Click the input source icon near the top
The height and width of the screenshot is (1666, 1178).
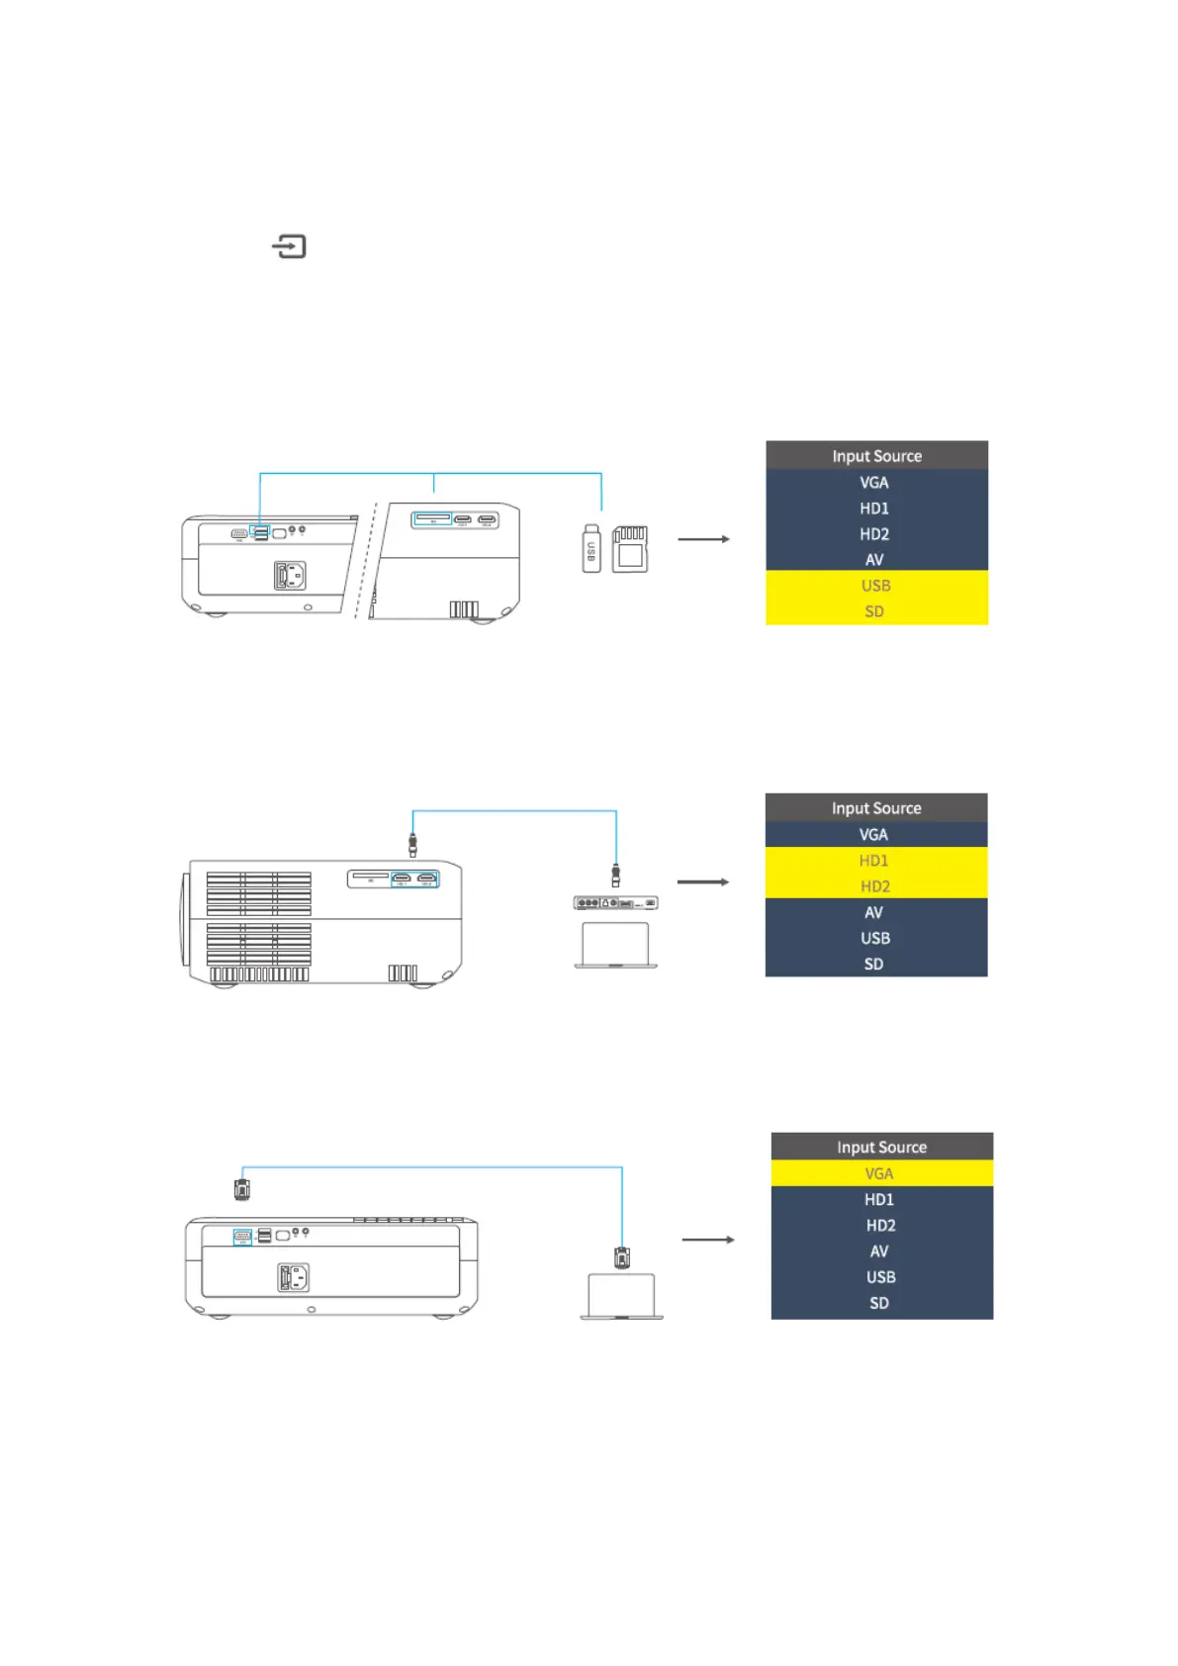289,246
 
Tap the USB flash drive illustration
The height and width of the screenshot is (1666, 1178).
591,549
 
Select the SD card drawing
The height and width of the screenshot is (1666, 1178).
630,549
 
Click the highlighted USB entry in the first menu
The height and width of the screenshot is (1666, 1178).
875,586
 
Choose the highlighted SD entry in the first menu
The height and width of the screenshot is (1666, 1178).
875,611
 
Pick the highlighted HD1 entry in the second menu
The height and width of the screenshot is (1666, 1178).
874,861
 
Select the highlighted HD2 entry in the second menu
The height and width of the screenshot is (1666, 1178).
874,886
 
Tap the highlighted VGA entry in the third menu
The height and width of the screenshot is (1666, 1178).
879,1173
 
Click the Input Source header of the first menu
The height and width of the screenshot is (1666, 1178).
876,456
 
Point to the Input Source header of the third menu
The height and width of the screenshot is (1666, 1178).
881,1147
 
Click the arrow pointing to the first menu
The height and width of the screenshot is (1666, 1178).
703,539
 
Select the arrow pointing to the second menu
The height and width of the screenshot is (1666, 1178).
703,881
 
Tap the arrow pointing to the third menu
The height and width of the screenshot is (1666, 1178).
708,1240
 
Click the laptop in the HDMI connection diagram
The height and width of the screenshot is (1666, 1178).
615,946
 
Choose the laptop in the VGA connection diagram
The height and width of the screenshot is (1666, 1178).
621,1297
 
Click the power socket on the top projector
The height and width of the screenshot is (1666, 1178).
290,575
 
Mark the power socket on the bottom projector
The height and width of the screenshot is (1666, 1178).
293,1277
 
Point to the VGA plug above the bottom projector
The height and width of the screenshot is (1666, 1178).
241,1188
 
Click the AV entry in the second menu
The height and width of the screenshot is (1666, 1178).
874,912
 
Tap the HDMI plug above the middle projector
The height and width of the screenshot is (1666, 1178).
412,845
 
